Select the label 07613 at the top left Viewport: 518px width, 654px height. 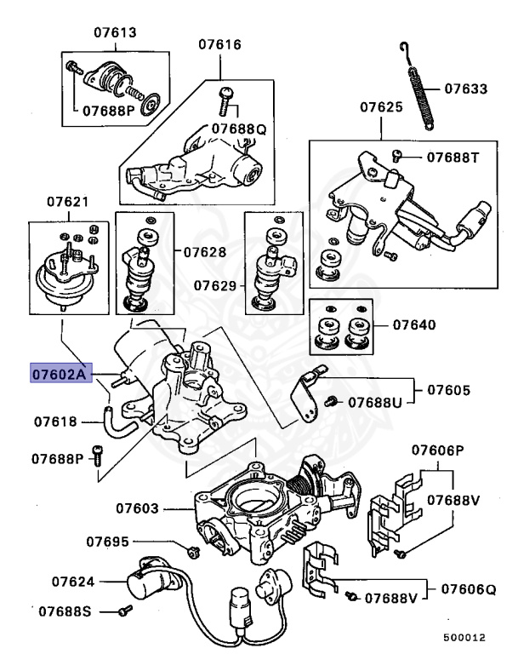[x=115, y=32]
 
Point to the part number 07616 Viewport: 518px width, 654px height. [x=219, y=43]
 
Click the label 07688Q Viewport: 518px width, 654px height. [x=239, y=129]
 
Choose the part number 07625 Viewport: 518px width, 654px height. [x=380, y=108]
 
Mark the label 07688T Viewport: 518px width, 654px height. [x=453, y=157]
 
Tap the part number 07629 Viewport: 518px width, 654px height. [x=214, y=284]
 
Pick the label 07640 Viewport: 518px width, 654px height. [x=414, y=325]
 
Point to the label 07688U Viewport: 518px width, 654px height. [x=379, y=401]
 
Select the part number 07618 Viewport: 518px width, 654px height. [x=55, y=421]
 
